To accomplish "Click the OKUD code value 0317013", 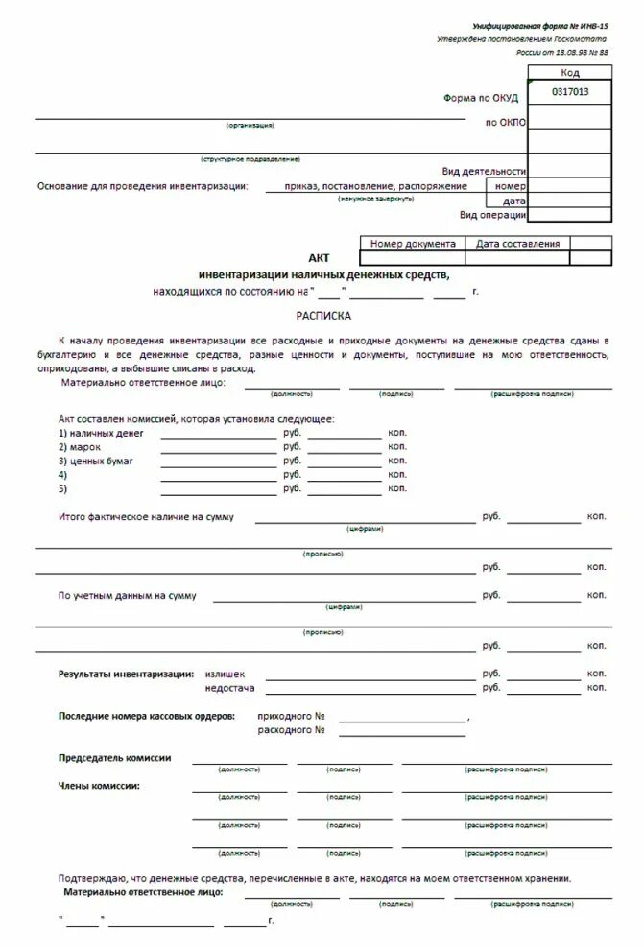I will click(x=570, y=92).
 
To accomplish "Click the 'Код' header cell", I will click(x=569, y=72).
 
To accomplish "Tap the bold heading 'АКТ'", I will click(x=319, y=257).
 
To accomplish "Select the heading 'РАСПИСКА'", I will click(x=322, y=316).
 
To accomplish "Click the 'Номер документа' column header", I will click(x=413, y=244).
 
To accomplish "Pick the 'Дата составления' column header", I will click(x=517, y=244).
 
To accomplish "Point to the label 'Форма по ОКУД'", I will click(x=481, y=98).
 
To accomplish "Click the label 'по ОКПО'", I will click(x=505, y=123).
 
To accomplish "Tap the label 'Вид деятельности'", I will click(x=484, y=170).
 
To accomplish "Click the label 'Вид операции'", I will click(x=492, y=215).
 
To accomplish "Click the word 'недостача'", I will click(x=229, y=688).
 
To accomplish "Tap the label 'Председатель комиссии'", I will click(x=114, y=758).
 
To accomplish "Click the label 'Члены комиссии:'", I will click(x=99, y=786).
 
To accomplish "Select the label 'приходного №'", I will click(x=291, y=717).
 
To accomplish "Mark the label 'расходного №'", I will click(x=291, y=731).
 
